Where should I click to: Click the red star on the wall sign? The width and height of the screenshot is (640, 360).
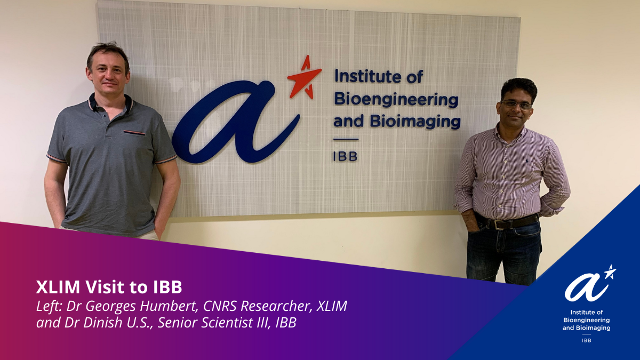[x=304, y=78]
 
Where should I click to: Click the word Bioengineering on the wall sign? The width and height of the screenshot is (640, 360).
[x=396, y=101]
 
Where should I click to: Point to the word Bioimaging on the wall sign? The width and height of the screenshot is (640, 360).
[x=415, y=122]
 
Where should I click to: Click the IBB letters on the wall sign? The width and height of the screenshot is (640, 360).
[x=346, y=157]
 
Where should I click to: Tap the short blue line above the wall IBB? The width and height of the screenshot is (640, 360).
[x=346, y=139]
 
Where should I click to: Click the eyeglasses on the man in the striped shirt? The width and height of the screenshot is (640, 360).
[x=516, y=105]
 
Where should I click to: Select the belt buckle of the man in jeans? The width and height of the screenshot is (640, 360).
[x=500, y=225]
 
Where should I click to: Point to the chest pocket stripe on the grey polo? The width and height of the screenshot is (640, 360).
[x=134, y=133]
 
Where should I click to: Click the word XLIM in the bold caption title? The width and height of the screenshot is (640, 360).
[x=58, y=287]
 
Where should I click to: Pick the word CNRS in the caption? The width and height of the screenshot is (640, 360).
[x=220, y=306]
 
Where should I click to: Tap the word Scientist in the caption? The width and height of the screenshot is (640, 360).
[x=226, y=323]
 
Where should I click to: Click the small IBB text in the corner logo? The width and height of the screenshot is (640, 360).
[x=587, y=341]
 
